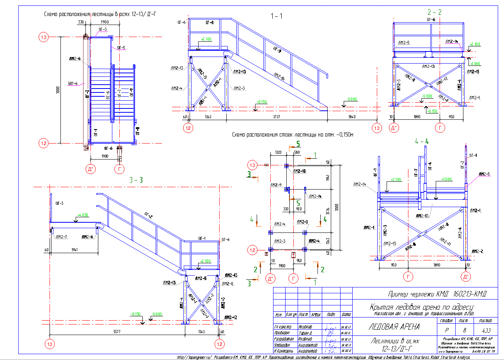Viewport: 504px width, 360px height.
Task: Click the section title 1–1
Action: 277,16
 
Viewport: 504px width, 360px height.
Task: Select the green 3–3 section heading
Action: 136,180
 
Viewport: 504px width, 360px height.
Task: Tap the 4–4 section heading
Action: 422,141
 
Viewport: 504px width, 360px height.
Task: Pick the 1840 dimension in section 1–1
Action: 352,116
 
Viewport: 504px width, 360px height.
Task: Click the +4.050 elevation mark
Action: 83,215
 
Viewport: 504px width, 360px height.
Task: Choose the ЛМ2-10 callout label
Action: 298,171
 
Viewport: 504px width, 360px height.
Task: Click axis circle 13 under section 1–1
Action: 376,128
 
